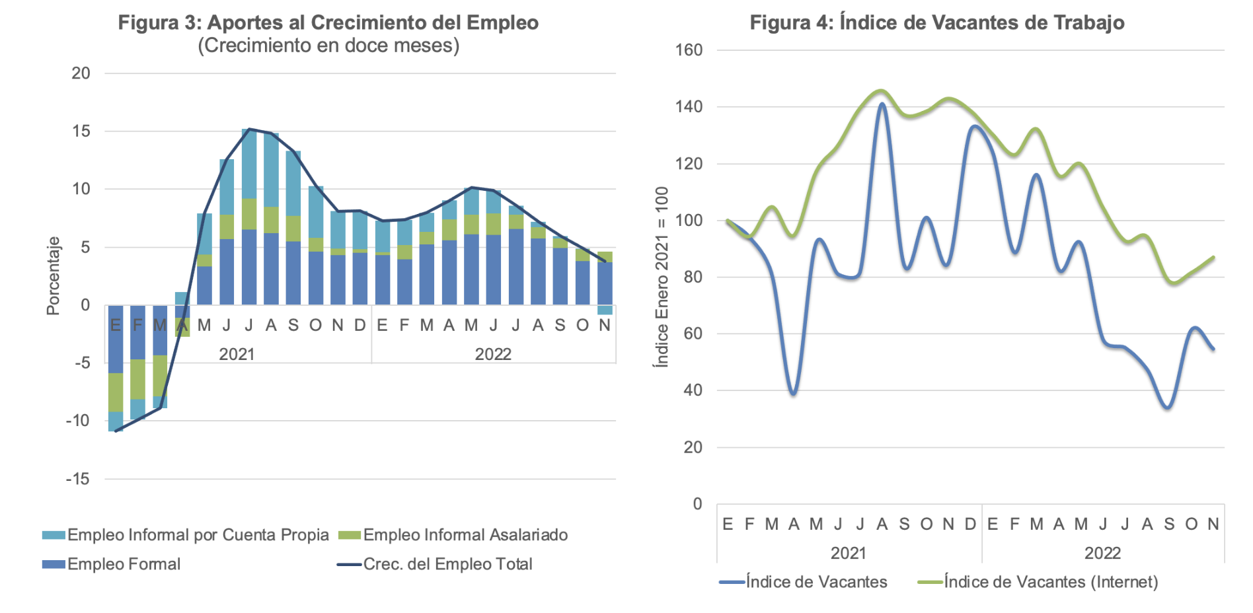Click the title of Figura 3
(328, 22)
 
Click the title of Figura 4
(937, 22)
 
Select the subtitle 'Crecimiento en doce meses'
(328, 46)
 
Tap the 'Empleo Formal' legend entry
(111, 564)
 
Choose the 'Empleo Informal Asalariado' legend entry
(453, 535)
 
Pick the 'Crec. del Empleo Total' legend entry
(435, 564)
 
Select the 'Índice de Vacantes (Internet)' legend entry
(1038, 582)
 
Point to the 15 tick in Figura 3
(81, 131)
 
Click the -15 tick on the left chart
(78, 479)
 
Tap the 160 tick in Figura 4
(689, 50)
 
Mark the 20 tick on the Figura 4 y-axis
(693, 447)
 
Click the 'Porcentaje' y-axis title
(53, 276)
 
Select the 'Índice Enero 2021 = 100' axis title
(661, 277)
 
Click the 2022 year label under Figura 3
(493, 354)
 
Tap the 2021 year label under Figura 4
(849, 553)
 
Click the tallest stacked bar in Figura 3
(249, 217)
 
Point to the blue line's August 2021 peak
(882, 104)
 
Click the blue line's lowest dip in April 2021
(794, 394)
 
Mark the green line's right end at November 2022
(1213, 258)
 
